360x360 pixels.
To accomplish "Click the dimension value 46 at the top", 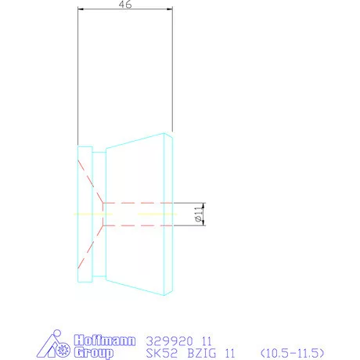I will pos(124,5).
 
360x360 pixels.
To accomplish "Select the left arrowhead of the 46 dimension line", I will pos(80,10).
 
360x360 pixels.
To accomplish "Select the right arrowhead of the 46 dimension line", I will pos(169,10).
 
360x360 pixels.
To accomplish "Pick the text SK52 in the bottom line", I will pos(160,352).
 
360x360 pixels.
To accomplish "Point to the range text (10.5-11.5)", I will pos(291,352).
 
